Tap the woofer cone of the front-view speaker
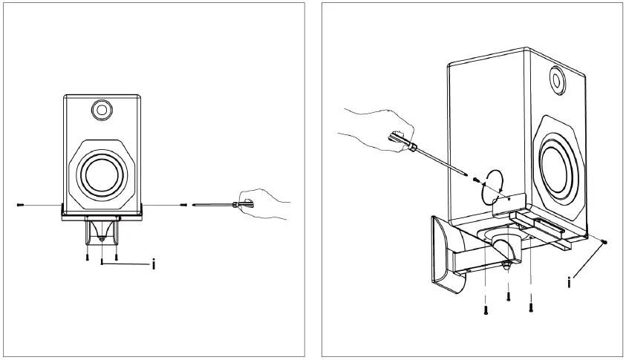101,174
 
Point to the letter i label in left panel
153,264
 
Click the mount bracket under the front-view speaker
102,229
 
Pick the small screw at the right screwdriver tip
472,178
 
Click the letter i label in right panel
570,282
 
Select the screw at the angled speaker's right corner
605,241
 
